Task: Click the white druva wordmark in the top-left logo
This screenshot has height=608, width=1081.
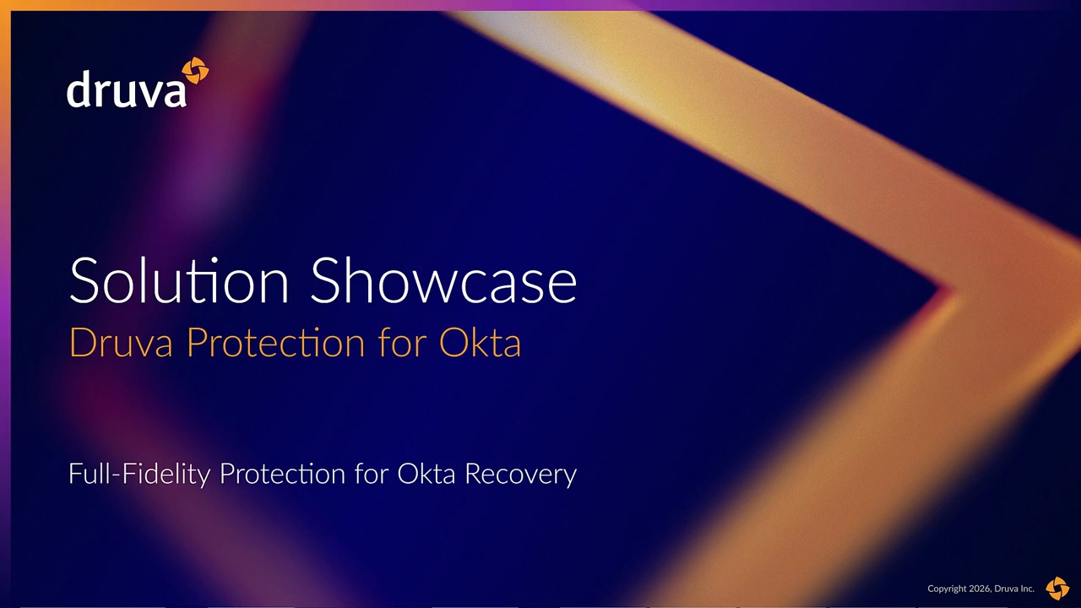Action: (126, 89)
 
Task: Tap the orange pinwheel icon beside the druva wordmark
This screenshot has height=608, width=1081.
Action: (195, 70)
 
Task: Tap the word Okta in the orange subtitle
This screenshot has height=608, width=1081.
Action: (480, 342)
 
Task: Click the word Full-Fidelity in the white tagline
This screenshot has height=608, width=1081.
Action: (139, 474)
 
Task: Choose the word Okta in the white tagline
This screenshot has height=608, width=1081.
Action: (426, 474)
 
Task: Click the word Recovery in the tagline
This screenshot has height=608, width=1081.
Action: (521, 475)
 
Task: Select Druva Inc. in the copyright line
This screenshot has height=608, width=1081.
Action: (1014, 589)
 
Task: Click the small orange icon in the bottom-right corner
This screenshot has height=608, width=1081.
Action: (1057, 588)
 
